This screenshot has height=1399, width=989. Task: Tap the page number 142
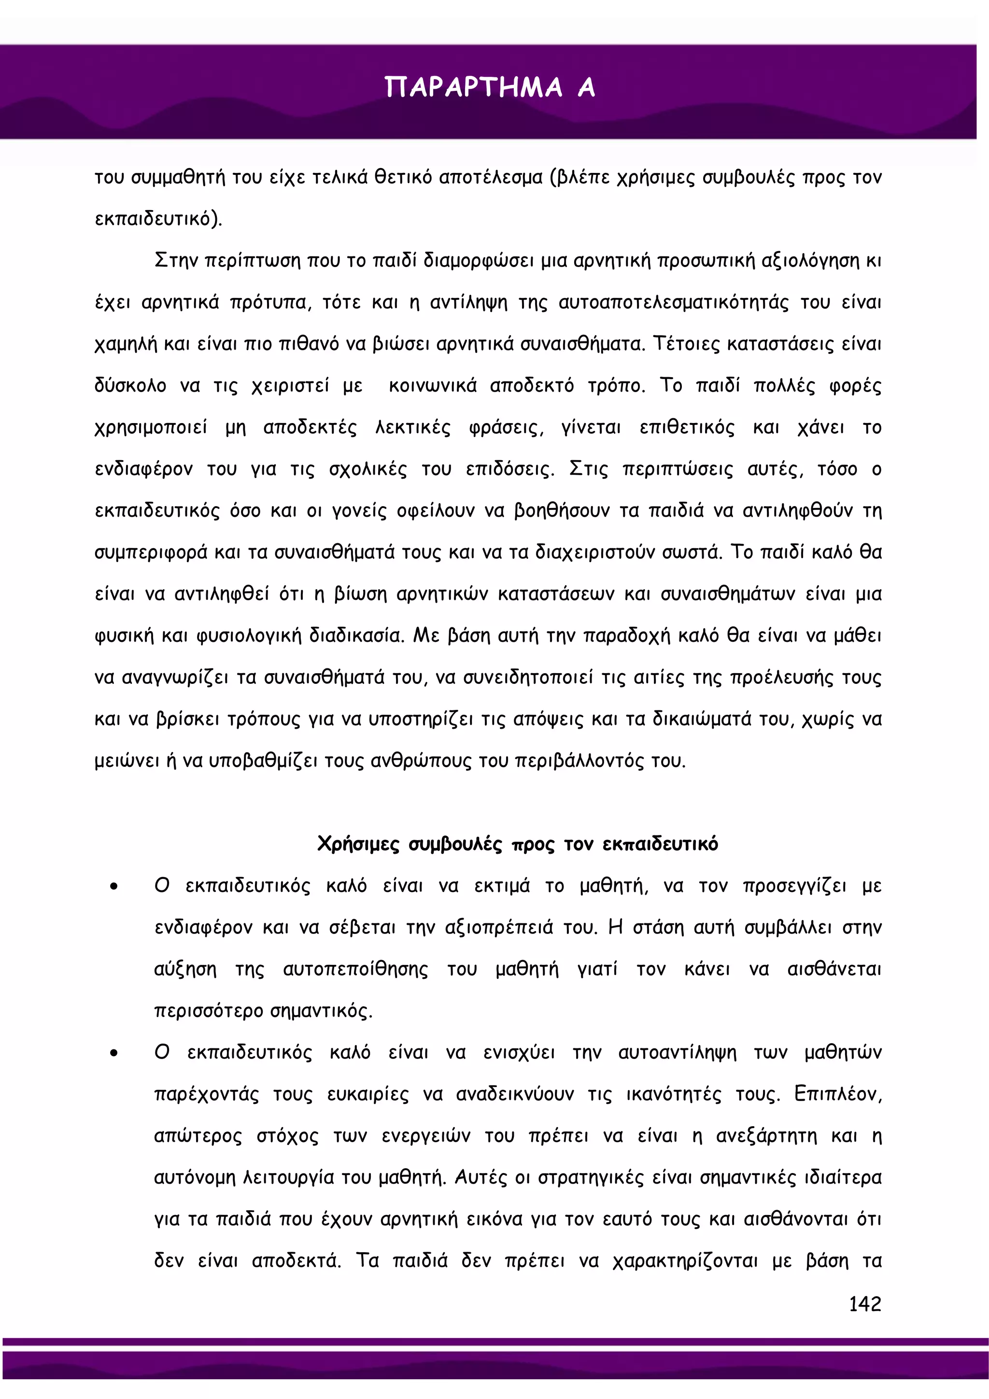865,1303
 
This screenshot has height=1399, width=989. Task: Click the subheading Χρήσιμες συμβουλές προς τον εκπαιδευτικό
517,844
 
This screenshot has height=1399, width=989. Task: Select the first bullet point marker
114,887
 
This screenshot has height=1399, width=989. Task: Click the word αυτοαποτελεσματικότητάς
673,303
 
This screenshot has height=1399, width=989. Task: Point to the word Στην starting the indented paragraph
176,261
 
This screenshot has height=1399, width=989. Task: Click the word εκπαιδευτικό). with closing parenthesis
158,219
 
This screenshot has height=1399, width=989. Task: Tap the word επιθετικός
687,428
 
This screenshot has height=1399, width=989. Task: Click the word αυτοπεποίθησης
355,969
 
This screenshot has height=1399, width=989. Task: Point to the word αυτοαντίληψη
677,1053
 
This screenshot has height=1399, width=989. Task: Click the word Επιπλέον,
837,1094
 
